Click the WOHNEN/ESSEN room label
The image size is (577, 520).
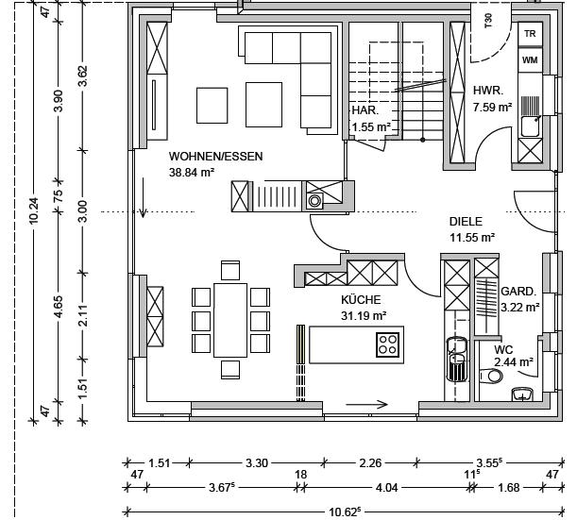point(215,156)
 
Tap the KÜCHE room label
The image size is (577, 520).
point(361,299)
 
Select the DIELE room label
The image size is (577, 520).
point(466,222)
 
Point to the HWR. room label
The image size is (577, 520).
point(488,91)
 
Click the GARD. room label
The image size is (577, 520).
point(518,292)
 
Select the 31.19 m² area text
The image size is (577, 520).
point(365,315)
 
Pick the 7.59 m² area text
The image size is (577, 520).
point(492,108)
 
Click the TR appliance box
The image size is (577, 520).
point(531,34)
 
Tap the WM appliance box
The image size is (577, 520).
point(531,59)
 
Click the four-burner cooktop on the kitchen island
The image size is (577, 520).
point(387,344)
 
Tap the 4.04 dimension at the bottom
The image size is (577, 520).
point(386,488)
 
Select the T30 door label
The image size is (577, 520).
point(488,21)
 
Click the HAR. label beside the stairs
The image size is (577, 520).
point(365,109)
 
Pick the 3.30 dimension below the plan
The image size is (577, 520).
point(256,463)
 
